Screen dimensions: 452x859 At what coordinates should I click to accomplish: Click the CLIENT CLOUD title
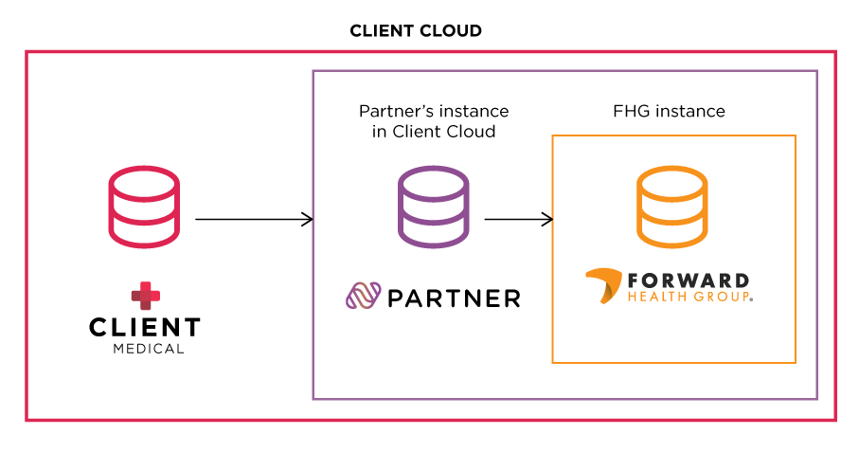pyautogui.click(x=416, y=30)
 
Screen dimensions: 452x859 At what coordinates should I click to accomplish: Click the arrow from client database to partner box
pyautogui.click(x=254, y=220)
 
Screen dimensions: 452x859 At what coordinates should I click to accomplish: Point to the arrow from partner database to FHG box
pyautogui.click(x=518, y=220)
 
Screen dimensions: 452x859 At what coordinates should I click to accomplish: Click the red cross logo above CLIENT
pyautogui.click(x=144, y=296)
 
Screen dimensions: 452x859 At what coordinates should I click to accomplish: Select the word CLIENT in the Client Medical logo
pyautogui.click(x=144, y=328)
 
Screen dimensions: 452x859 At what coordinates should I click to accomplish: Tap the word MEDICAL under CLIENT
pyautogui.click(x=144, y=349)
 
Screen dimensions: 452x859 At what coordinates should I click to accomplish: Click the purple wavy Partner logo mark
pyautogui.click(x=363, y=298)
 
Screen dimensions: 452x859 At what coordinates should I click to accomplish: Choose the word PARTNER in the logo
pyautogui.click(x=455, y=298)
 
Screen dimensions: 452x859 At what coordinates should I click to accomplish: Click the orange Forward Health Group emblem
pyautogui.click(x=602, y=287)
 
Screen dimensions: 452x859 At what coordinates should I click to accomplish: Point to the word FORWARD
pyautogui.click(x=689, y=281)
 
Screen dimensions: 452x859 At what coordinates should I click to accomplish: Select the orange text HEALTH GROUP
pyautogui.click(x=689, y=298)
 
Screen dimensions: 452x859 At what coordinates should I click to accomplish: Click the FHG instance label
pyautogui.click(x=669, y=112)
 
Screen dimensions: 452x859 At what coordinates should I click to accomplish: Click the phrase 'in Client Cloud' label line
pyautogui.click(x=433, y=132)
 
